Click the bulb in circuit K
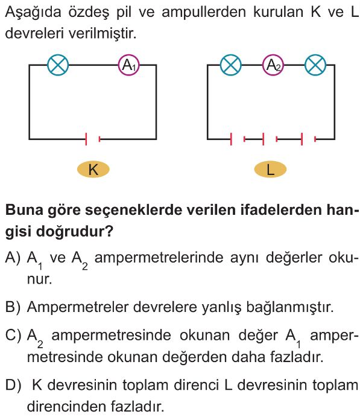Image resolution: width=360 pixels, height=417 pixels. click(58, 65)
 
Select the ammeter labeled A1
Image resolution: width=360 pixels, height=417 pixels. click(129, 65)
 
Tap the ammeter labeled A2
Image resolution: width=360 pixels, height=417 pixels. click(273, 65)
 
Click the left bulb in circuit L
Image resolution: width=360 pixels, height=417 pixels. click(231, 65)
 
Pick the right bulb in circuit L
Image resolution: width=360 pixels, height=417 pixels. click(315, 65)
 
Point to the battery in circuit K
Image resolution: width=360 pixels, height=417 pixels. click(93, 139)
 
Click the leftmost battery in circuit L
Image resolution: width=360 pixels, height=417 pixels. click(238, 139)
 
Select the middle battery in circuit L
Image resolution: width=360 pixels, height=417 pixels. click(270, 139)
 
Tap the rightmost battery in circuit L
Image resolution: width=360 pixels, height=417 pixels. click(309, 139)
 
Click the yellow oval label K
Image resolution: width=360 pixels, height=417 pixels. click(93, 170)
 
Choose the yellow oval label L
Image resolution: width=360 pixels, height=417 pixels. click(271, 170)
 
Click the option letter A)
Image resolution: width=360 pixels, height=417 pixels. click(13, 258)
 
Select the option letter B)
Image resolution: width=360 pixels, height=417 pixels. click(13, 307)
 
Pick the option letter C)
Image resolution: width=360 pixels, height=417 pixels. click(13, 336)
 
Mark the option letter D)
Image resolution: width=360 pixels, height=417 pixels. click(13, 386)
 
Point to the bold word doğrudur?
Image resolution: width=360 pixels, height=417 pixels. click(75, 232)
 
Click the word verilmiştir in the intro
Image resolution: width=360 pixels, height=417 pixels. click(103, 34)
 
